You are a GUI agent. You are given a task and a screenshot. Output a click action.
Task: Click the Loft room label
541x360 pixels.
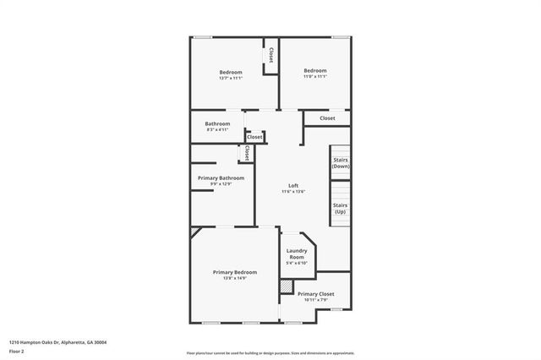click(293, 186)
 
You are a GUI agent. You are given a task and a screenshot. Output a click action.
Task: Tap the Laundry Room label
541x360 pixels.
click(297, 253)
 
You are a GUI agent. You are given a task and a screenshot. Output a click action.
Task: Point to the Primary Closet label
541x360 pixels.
click(315, 294)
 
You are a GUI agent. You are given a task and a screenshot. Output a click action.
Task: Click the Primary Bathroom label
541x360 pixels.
click(221, 178)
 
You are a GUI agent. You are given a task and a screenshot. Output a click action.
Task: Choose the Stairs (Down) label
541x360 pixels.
click(341, 163)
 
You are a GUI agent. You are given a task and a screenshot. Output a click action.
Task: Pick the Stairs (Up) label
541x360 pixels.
click(340, 208)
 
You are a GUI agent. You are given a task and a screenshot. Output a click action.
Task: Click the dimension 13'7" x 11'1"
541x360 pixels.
click(231, 78)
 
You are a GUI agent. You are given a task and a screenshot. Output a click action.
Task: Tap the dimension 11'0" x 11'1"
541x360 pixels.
click(315, 76)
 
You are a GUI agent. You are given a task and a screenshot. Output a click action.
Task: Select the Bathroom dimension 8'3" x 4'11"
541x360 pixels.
click(218, 130)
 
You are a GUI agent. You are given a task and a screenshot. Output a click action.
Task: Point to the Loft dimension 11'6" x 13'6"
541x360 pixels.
click(293, 192)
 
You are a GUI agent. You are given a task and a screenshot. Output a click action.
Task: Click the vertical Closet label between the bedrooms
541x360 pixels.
click(270, 55)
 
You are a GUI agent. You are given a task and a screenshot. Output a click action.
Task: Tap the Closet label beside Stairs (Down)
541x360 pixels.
click(327, 118)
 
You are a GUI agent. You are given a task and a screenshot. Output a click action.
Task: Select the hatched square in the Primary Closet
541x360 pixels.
click(286, 286)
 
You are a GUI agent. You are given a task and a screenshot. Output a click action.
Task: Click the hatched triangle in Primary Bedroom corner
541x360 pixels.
click(194, 231)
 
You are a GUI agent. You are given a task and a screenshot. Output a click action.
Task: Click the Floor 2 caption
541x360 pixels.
click(17, 351)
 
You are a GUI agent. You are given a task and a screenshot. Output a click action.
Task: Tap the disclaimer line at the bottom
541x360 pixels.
click(270, 352)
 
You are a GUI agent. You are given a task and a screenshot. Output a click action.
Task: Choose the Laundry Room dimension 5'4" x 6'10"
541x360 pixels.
click(297, 263)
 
